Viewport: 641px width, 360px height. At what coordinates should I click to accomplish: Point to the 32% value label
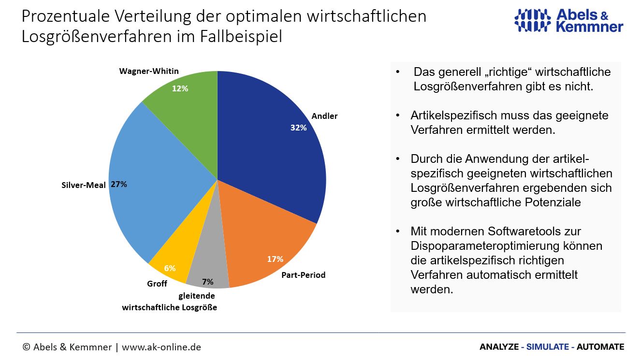[x=298, y=128]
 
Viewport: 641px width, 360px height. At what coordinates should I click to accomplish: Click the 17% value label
[x=275, y=259]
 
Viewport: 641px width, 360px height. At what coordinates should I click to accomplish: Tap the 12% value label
[x=180, y=88]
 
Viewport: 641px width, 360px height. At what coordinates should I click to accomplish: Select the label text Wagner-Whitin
[x=149, y=71]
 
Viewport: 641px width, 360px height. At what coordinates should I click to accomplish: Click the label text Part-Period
[x=303, y=275]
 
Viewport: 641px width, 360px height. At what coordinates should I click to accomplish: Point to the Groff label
[x=157, y=284]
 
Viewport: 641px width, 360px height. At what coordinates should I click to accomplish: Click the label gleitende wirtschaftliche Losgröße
[x=170, y=302]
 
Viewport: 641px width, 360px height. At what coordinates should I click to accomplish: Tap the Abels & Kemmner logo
[x=568, y=20]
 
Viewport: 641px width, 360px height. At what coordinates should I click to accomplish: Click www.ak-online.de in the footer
[x=161, y=347]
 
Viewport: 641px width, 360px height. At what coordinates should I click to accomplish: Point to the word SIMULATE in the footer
[x=548, y=347]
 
